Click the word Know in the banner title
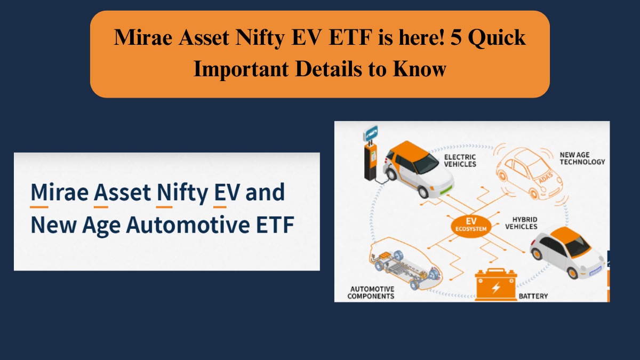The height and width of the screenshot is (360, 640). click(x=420, y=69)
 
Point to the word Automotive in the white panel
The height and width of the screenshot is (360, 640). click(x=188, y=225)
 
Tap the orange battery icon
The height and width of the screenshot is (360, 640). click(x=496, y=285)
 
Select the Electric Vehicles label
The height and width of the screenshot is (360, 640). click(x=460, y=160)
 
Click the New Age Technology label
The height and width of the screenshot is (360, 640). click(x=582, y=158)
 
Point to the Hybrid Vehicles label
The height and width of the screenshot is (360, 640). click(x=524, y=223)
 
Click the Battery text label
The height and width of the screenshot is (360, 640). click(x=533, y=296)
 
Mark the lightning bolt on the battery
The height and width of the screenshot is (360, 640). click(x=496, y=287)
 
